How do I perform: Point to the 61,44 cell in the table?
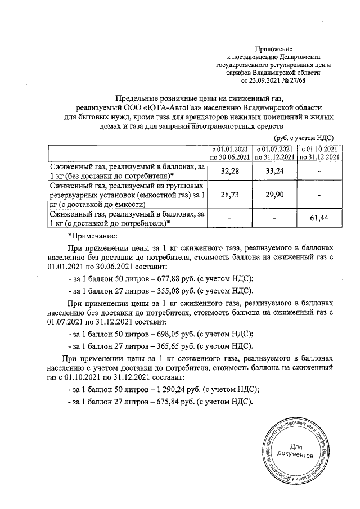pyautogui.click(x=319, y=219)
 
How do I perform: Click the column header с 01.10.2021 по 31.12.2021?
pyautogui.click(x=319, y=153)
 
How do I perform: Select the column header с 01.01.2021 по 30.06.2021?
pyautogui.click(x=228, y=153)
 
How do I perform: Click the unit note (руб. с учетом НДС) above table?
pyautogui.click(x=304, y=138)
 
